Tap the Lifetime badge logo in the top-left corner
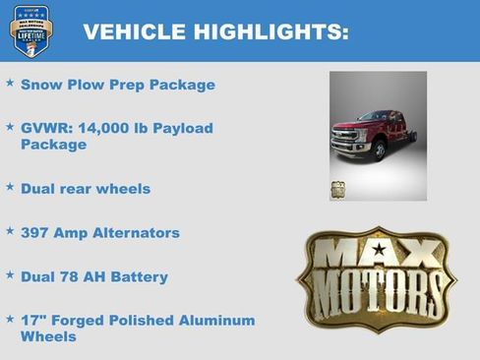[30, 30]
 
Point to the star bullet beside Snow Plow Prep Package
[10, 84]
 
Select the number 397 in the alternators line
[36, 233]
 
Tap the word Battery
[139, 277]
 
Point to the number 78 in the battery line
[70, 277]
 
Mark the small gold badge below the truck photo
[338, 189]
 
